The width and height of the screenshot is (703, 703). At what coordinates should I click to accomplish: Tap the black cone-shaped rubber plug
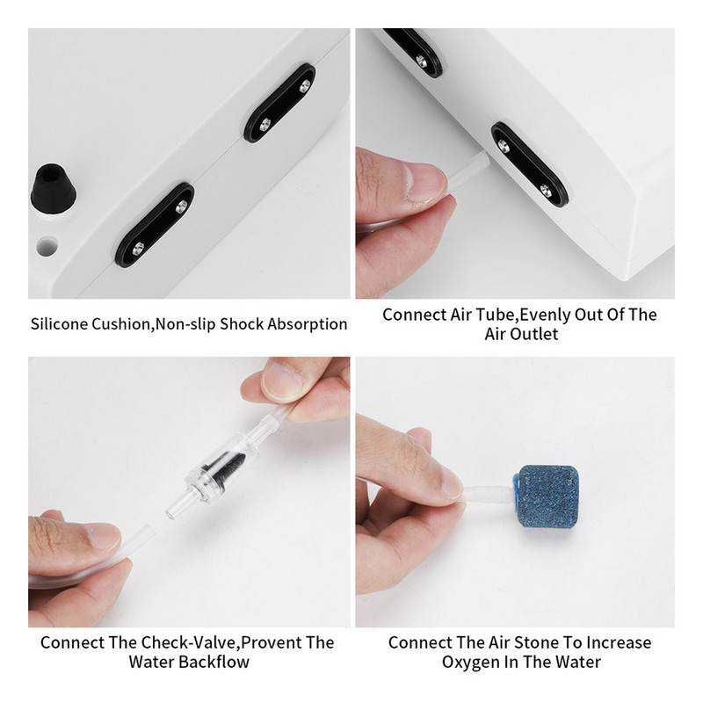tap(53, 187)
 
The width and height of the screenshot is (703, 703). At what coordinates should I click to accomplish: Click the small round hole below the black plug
tap(47, 246)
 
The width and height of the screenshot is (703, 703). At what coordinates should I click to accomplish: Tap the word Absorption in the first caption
tap(307, 323)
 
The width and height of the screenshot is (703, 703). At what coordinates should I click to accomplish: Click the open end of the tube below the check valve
tap(149, 533)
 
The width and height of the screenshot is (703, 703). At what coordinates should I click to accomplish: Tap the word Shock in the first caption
tap(242, 323)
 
